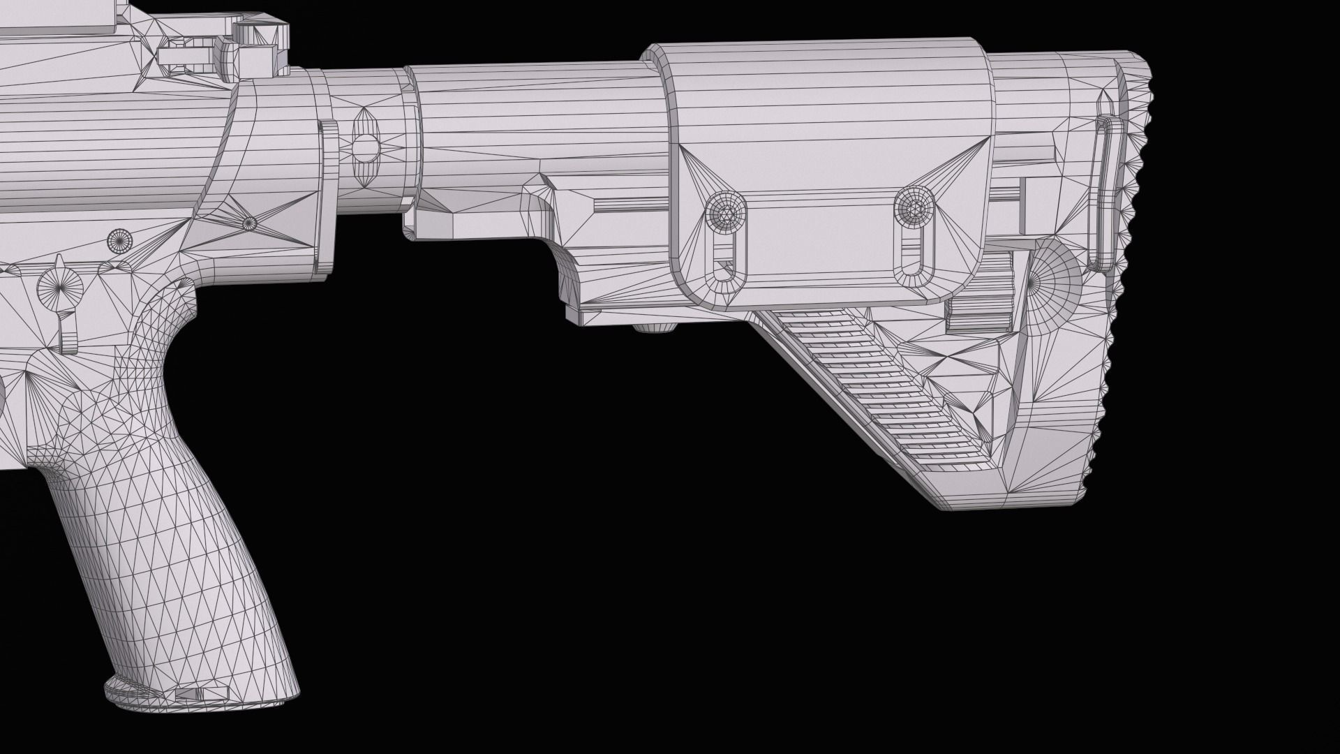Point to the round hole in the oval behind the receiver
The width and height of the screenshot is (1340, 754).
(364, 145)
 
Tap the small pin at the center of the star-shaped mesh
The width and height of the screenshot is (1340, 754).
(248, 223)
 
